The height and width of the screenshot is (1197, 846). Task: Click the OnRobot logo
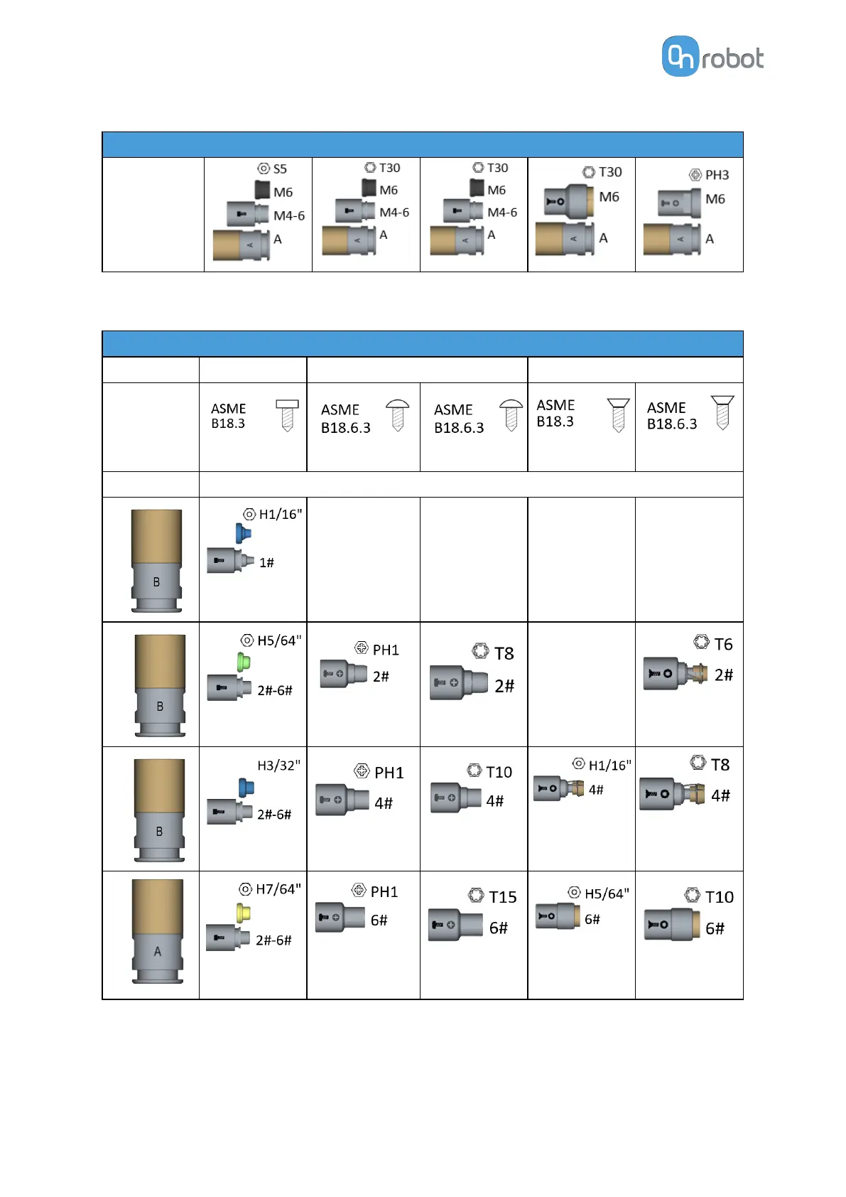coord(712,57)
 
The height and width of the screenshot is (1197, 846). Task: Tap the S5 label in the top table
coord(280,169)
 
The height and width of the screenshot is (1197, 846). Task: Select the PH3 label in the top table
coord(717,175)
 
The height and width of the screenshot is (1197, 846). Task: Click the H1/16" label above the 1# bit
coord(280,514)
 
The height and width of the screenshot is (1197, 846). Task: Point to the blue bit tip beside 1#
coord(243,533)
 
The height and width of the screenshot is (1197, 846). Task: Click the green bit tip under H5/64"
coord(244,662)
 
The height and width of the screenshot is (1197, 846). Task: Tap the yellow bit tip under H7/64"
coord(243,913)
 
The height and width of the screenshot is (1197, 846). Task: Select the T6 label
coord(723,644)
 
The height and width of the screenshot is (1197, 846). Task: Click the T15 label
coord(502,897)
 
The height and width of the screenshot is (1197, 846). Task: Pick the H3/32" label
coord(278,766)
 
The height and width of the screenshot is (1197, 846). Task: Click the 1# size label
coord(266,563)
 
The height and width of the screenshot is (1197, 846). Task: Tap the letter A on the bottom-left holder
coord(158,951)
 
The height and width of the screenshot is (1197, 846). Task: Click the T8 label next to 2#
coord(504,653)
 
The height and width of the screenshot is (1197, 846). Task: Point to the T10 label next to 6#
coord(719,897)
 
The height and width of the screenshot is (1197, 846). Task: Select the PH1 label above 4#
coord(389,773)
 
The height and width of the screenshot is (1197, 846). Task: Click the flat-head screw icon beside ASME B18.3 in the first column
coord(287,415)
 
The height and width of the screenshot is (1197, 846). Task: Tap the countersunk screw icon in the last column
coord(722,412)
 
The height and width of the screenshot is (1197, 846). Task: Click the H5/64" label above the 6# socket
coord(607,893)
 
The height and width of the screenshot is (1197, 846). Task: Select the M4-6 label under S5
coord(289,215)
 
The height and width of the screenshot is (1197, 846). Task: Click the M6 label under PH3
coord(715,199)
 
